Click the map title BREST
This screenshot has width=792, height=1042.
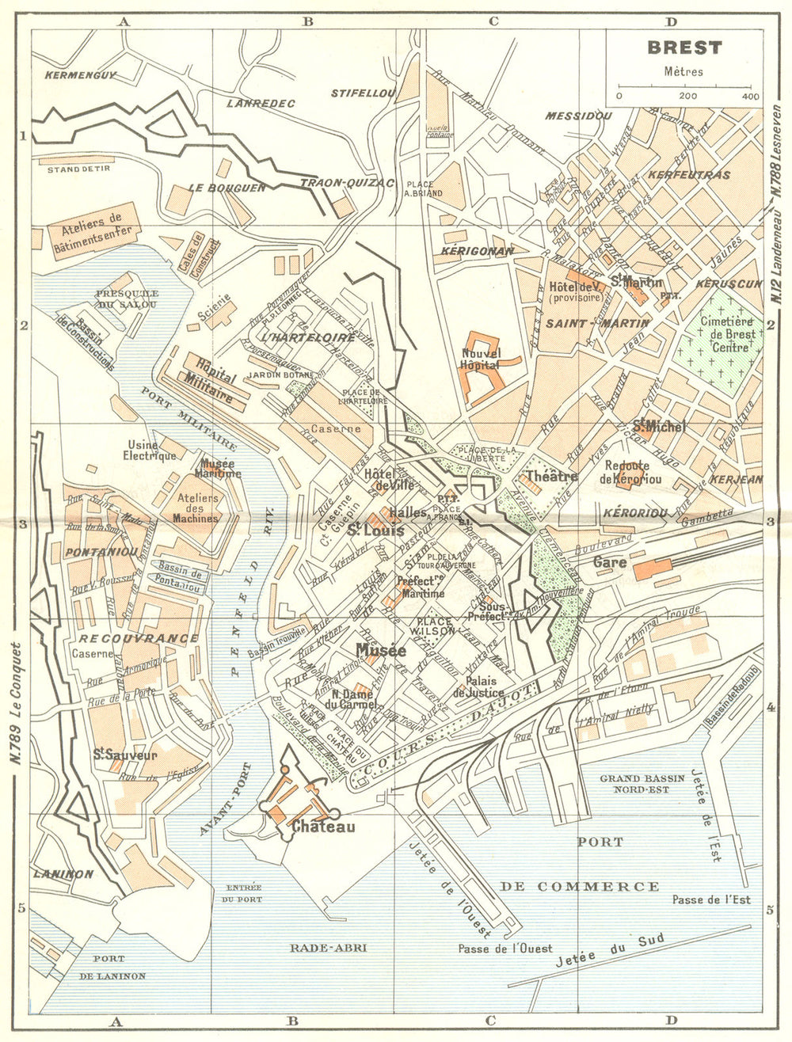coord(684,48)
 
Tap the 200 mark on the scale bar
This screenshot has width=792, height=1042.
coord(687,97)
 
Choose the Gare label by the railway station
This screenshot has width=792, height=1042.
coord(610,562)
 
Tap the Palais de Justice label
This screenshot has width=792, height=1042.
coord(485,686)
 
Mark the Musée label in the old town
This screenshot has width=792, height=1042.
coord(381,650)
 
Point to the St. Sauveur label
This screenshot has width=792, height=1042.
coord(125,755)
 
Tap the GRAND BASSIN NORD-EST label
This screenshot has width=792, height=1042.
coord(642,784)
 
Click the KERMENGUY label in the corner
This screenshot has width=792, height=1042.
coord(81,76)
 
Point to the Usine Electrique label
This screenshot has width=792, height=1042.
coord(150,450)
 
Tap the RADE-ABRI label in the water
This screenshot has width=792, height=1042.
coord(328,947)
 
